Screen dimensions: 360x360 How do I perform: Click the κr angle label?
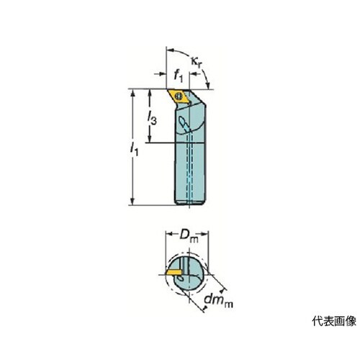(x=197, y=62)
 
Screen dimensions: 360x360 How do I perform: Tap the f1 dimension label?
(x=178, y=76)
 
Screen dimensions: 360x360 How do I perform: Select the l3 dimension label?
(x=152, y=118)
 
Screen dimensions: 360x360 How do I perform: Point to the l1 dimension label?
(x=134, y=149)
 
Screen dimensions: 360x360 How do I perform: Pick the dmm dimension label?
(x=218, y=301)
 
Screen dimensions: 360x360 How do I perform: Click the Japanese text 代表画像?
(x=334, y=321)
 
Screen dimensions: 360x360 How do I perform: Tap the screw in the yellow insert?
(x=179, y=96)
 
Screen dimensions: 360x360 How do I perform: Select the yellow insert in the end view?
(x=174, y=272)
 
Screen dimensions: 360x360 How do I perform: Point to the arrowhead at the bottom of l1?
(x=132, y=201)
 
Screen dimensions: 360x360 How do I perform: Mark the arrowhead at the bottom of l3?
(x=150, y=138)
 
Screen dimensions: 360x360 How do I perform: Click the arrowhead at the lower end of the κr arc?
(x=208, y=85)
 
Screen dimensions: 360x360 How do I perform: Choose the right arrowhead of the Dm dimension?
(x=204, y=234)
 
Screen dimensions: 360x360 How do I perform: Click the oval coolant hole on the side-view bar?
(x=183, y=121)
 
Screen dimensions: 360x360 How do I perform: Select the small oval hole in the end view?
(x=181, y=278)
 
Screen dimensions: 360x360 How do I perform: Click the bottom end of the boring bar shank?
(x=189, y=203)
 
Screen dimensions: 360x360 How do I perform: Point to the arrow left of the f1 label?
(x=160, y=74)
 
